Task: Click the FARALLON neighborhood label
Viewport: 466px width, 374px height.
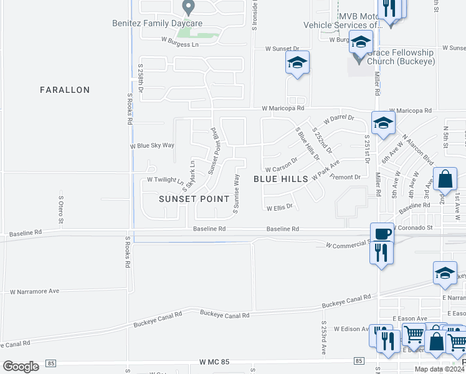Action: (x=65, y=90)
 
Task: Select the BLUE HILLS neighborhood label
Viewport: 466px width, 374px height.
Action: (x=281, y=179)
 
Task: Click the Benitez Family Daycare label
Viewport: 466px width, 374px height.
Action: (x=148, y=23)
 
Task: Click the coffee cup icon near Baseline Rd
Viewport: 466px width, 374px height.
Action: (x=381, y=234)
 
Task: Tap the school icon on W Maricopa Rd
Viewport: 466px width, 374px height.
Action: (x=383, y=122)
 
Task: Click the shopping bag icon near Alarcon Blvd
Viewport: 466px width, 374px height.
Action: (x=445, y=179)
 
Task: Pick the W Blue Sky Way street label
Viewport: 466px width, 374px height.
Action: (x=152, y=145)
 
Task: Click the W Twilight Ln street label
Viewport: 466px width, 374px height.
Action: (x=164, y=180)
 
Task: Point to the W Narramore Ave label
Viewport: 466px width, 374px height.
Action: (x=34, y=291)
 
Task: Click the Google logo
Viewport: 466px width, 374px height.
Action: (x=21, y=366)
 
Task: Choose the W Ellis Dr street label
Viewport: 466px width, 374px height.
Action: (x=279, y=208)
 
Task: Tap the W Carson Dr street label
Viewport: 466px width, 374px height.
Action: (x=281, y=169)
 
